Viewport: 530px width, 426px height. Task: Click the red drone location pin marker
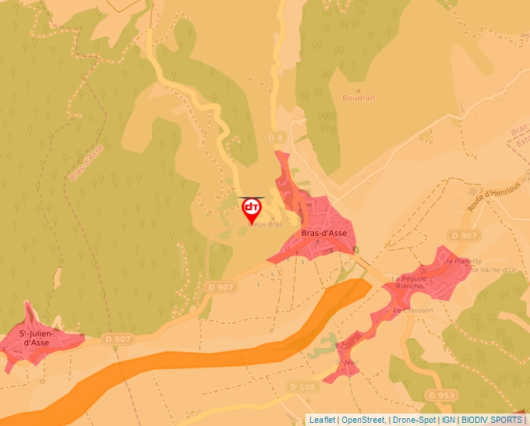point(252,209)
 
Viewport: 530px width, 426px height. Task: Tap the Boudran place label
point(359,98)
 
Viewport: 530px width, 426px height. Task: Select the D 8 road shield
point(277,138)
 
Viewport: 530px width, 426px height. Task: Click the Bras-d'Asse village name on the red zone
point(324,232)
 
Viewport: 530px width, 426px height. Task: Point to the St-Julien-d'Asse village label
point(37,338)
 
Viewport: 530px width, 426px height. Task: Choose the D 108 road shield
point(302,386)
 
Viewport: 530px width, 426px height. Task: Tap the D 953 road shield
point(441,396)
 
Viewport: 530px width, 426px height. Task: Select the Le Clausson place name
point(413,309)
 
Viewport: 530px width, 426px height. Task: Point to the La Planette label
point(464,261)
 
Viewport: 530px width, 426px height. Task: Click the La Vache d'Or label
point(490,269)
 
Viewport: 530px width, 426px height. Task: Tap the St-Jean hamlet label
point(345,362)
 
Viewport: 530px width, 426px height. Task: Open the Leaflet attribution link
point(322,420)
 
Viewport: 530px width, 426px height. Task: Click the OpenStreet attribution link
point(363,420)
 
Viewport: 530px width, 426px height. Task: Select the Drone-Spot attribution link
point(413,420)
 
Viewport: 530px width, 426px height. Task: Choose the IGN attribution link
point(448,420)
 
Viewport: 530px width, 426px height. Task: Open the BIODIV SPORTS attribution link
point(492,420)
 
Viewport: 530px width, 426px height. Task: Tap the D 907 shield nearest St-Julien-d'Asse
point(117,339)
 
